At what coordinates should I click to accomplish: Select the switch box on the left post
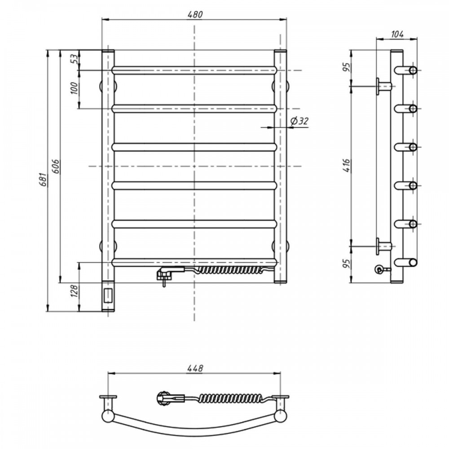(108, 295)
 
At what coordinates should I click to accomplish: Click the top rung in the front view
(194, 70)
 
